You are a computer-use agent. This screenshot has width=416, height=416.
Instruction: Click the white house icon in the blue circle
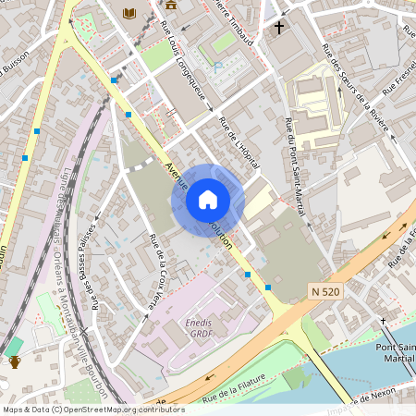click(208, 199)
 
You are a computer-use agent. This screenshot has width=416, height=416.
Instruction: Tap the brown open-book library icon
click(128, 13)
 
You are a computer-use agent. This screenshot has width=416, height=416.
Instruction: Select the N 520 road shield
click(325, 291)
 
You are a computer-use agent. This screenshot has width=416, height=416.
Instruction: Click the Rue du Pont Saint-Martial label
click(295, 167)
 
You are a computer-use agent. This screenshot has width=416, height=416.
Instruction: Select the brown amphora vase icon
click(14, 361)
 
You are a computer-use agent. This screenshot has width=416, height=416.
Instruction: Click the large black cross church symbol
click(278, 27)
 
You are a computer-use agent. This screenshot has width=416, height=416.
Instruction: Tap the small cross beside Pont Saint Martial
click(383, 321)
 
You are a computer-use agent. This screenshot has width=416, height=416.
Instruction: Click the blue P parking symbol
click(215, 67)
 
